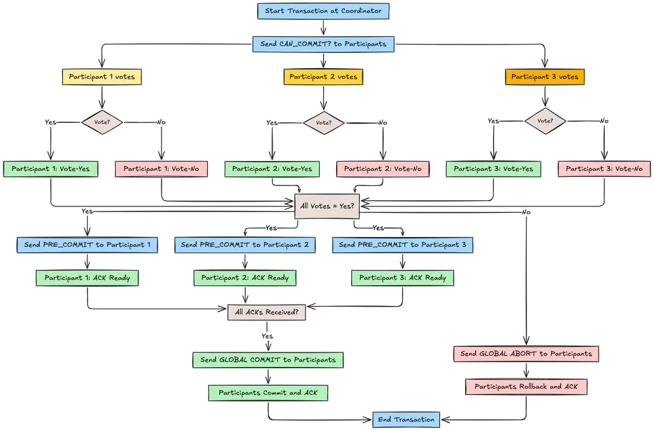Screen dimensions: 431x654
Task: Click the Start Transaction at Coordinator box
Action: pos(324,11)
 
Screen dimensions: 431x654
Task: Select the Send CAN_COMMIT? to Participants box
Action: pos(324,45)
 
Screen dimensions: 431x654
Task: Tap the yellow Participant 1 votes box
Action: pos(101,77)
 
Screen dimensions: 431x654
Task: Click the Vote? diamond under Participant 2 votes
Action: pos(323,122)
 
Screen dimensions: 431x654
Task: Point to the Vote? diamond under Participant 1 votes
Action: pos(102,122)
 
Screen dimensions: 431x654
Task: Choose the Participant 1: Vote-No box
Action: pos(161,169)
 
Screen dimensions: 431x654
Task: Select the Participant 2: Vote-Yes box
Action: pos(273,169)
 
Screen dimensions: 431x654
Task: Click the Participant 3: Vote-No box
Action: pos(604,169)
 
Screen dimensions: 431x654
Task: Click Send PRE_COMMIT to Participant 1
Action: pos(87,245)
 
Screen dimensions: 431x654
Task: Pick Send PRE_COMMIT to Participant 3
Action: pos(402,245)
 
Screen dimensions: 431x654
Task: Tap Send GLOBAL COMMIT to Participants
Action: pos(267,360)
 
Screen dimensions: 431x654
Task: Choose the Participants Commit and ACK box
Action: pos(267,393)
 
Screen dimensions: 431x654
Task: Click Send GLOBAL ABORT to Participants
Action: pos(526,354)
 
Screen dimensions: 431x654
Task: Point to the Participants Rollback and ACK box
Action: pos(526,386)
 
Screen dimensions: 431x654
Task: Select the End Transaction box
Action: pos(405,419)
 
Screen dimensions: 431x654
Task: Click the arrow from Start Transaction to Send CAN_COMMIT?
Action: pos(324,28)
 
